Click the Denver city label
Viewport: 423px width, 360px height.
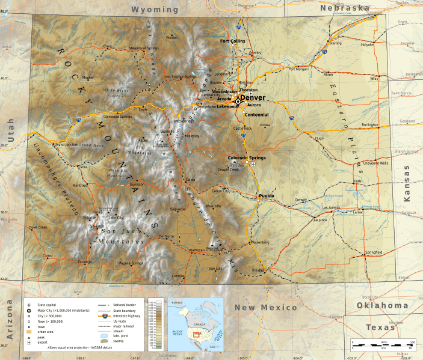(253, 98)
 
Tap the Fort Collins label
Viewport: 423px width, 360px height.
(233, 41)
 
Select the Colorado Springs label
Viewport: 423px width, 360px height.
(245, 158)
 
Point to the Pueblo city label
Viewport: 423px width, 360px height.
(267, 196)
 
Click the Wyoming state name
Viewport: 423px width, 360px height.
(155, 10)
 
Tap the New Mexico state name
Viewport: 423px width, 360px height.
(265, 307)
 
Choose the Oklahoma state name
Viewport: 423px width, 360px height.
(383, 306)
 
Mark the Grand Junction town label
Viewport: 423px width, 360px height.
(68, 145)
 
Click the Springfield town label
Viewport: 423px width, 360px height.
(373, 252)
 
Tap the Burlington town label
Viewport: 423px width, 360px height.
(370, 124)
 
